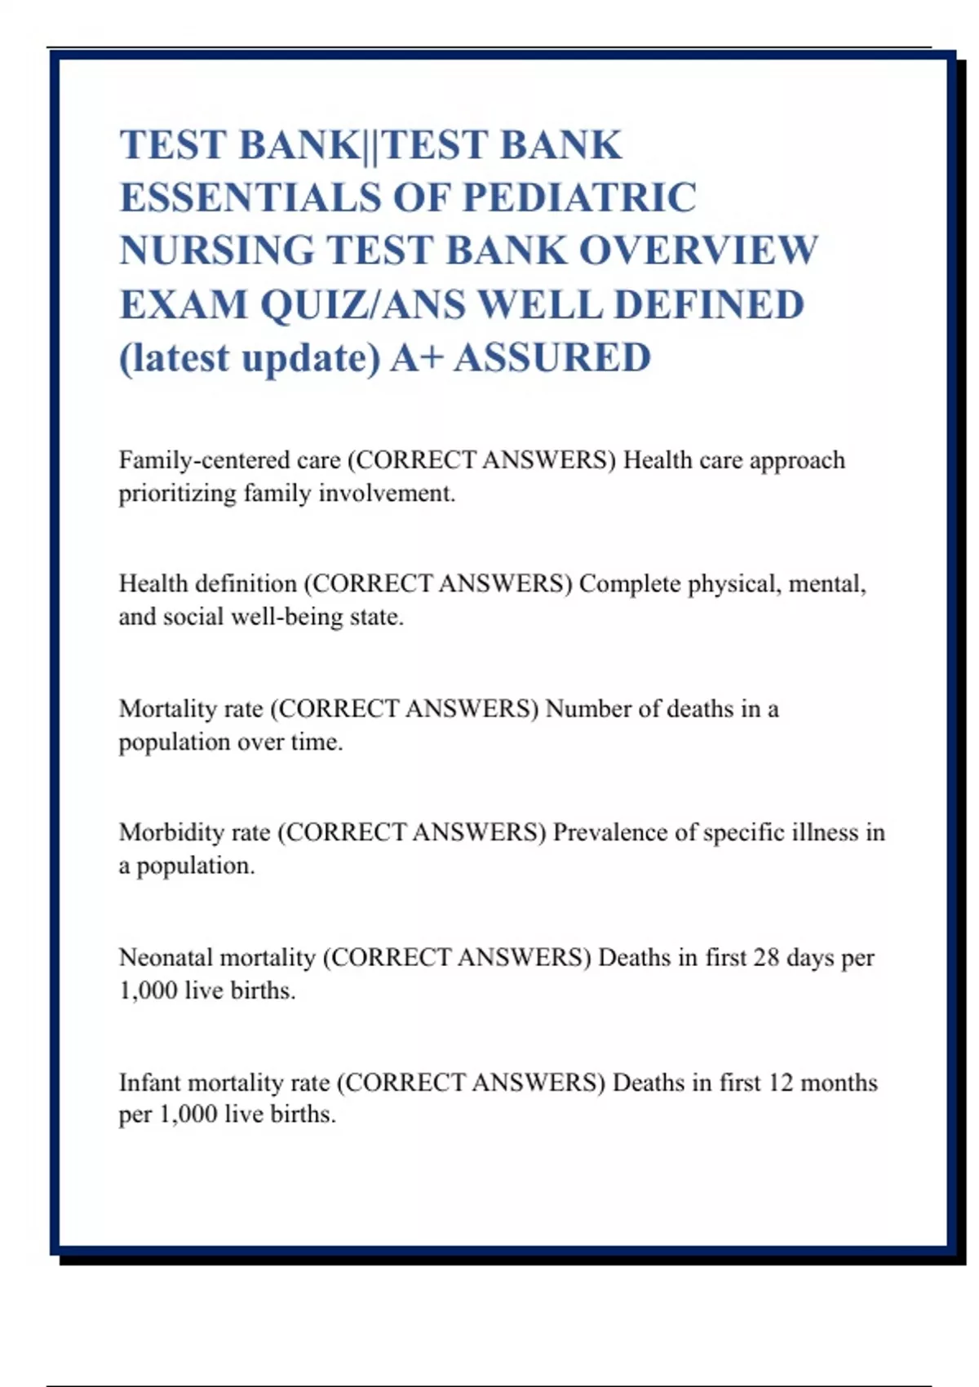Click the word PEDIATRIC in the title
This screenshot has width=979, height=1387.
click(x=579, y=197)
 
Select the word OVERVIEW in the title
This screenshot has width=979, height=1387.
click(x=698, y=250)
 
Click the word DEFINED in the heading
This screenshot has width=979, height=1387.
click(x=709, y=304)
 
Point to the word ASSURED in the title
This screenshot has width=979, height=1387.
click(x=552, y=357)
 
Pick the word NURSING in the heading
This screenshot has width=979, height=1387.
click(x=217, y=250)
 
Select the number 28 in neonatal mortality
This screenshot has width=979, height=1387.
click(x=766, y=957)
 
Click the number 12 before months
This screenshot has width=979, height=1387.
click(x=780, y=1083)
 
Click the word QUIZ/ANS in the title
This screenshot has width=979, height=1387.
click(x=364, y=304)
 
